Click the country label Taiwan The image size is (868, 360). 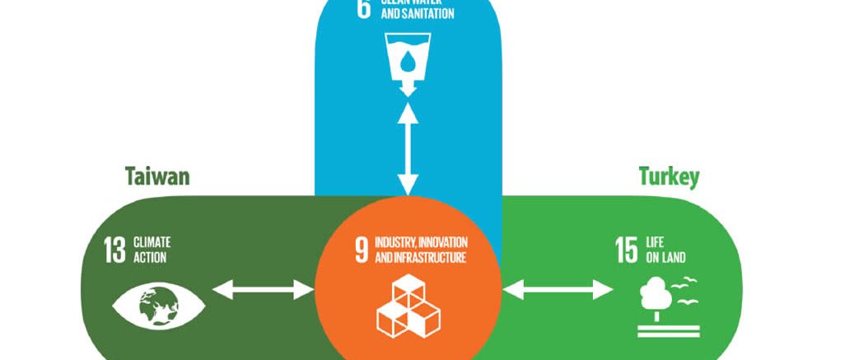(157, 177)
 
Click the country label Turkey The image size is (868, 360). (669, 176)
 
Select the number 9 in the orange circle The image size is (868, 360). (361, 250)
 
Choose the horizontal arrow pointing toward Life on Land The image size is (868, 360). (558, 289)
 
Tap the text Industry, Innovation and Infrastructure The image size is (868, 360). (421, 250)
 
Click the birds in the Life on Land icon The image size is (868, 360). (685, 288)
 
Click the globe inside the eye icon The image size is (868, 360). (160, 306)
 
